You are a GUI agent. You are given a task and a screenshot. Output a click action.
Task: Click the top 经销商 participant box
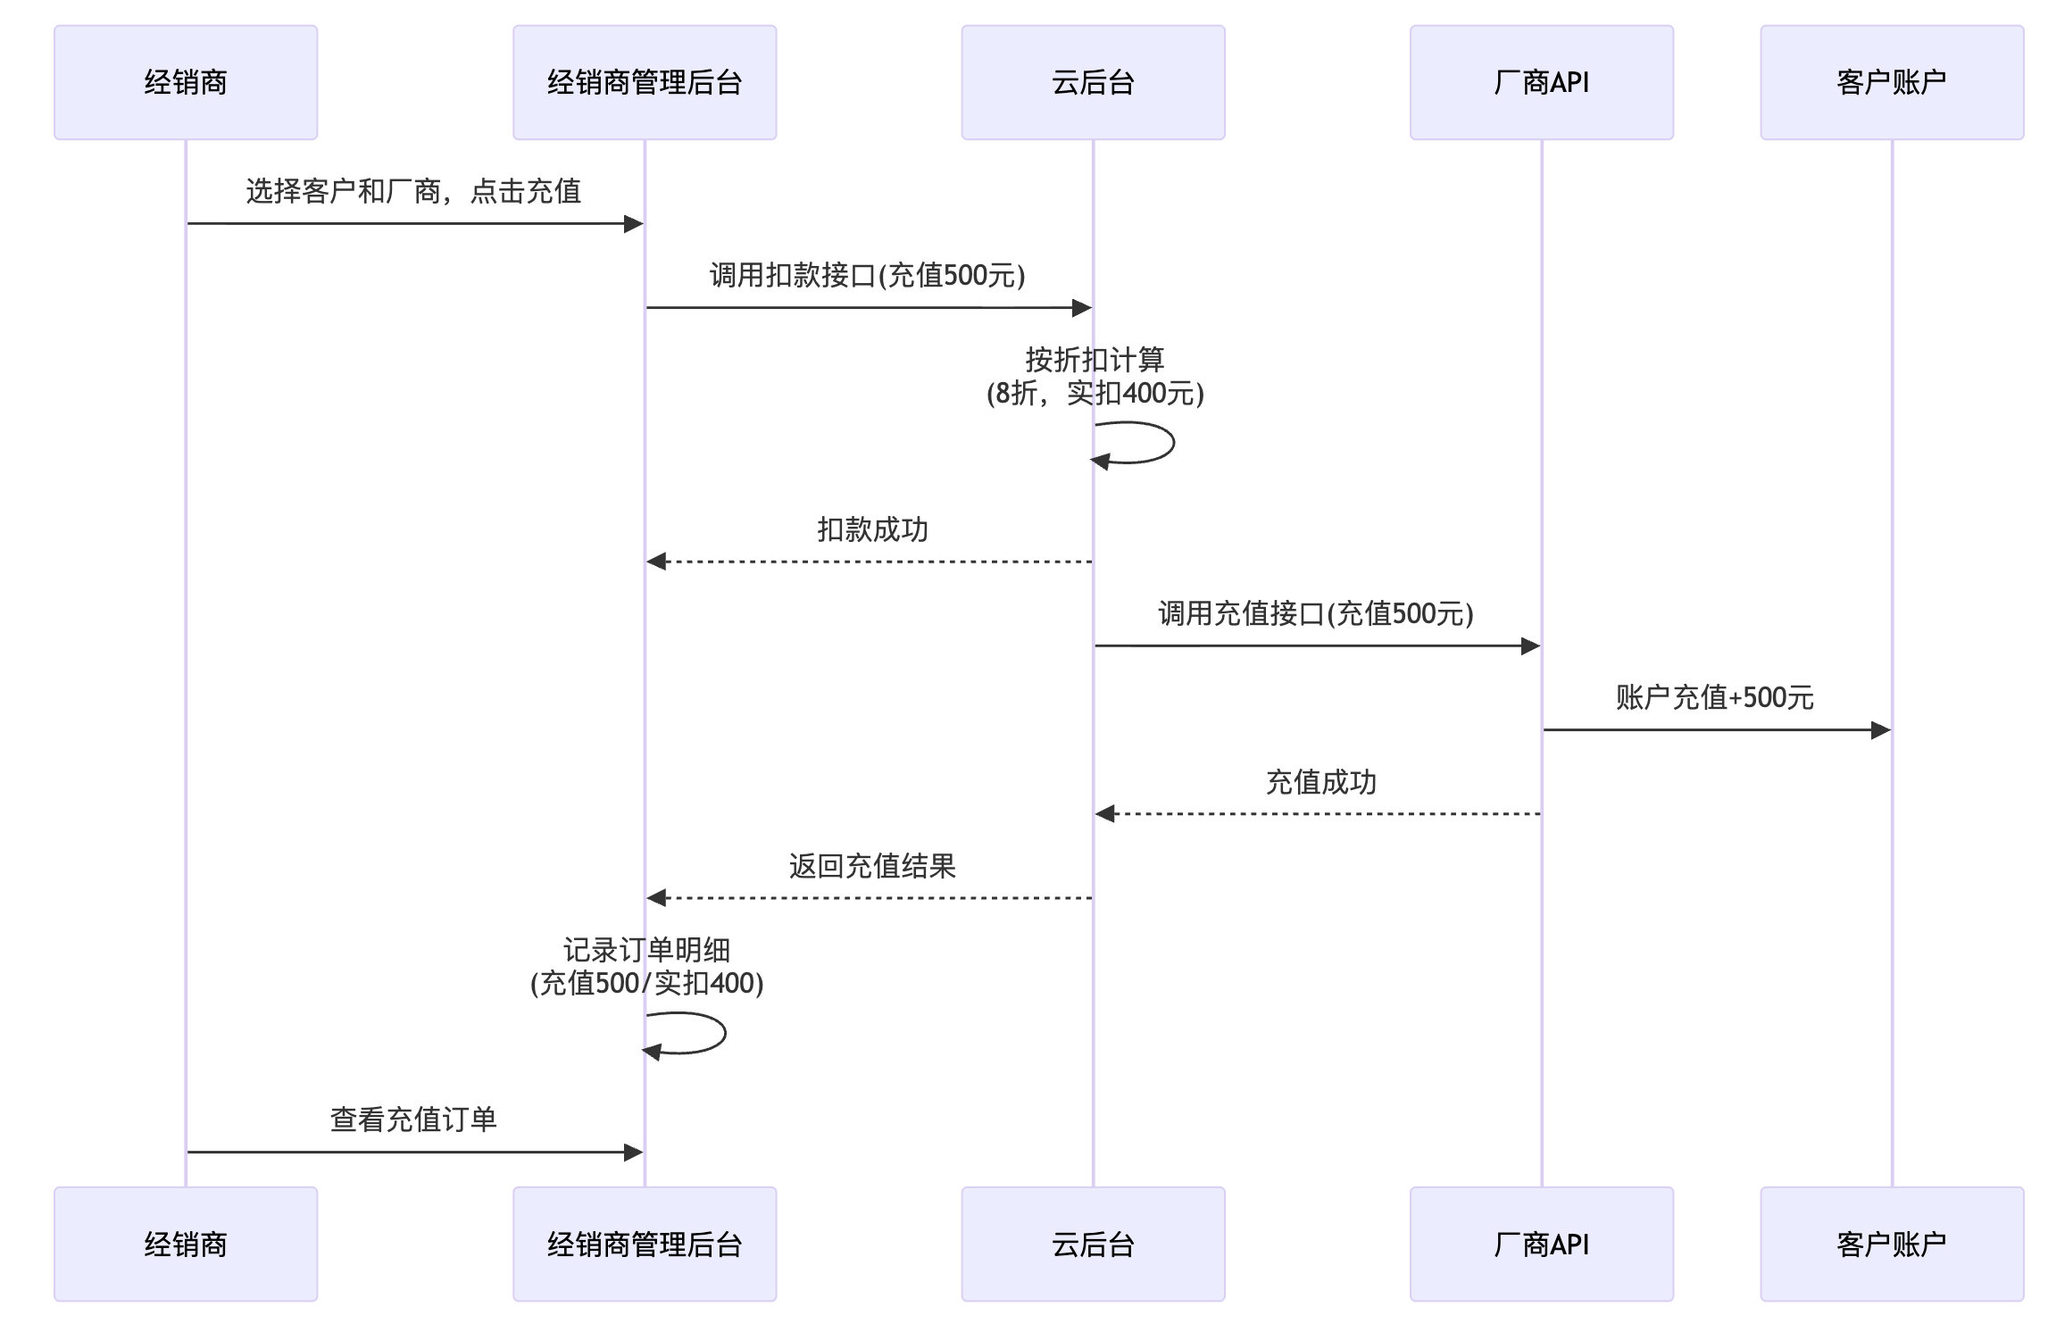(186, 82)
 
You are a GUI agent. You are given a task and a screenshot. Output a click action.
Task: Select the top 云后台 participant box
(1093, 82)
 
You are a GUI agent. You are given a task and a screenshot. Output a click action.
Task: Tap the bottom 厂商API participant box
(1541, 1244)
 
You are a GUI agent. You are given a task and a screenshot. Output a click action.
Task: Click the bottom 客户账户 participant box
(1891, 1244)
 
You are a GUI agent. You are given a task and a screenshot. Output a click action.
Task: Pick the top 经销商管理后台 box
(645, 82)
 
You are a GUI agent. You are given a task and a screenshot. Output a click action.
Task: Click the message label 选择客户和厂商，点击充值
(413, 191)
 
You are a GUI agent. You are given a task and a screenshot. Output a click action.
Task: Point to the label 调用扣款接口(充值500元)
(867, 275)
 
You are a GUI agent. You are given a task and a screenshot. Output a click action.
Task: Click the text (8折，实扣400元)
(1095, 393)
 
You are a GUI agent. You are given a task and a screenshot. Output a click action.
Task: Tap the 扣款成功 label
(872, 529)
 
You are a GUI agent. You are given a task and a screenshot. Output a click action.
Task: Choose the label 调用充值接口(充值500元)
(1315, 613)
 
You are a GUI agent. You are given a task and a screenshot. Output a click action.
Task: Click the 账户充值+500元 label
(1714, 697)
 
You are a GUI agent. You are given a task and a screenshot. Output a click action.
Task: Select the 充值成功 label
(1320, 782)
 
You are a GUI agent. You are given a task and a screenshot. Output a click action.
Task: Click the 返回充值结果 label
(872, 866)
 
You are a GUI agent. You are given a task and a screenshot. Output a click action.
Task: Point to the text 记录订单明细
(646, 950)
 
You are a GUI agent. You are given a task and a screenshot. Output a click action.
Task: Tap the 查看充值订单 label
(413, 1120)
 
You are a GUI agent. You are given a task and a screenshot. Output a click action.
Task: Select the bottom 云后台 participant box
(1093, 1244)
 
